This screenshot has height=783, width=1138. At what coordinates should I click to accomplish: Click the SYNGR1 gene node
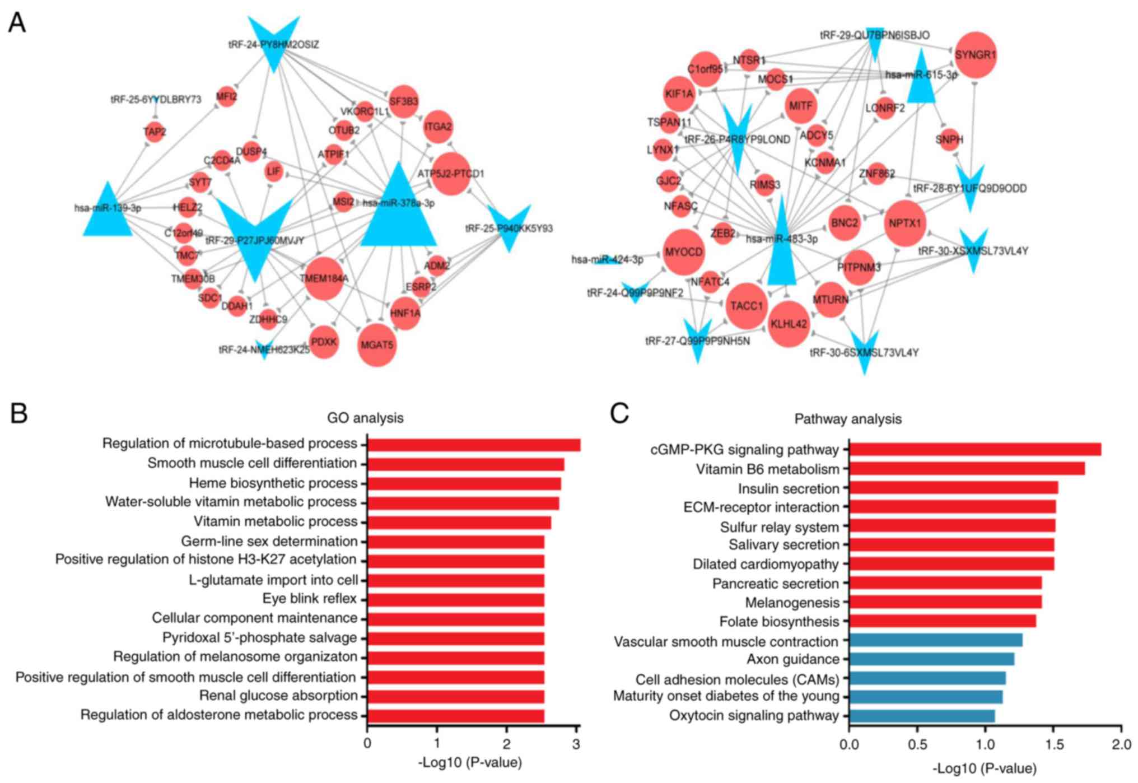(x=975, y=55)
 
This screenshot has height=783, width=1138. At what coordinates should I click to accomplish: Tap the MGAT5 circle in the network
(x=377, y=345)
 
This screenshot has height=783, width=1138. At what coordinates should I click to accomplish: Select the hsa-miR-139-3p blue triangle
(x=107, y=210)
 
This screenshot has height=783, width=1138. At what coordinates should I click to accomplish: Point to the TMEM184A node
(x=324, y=278)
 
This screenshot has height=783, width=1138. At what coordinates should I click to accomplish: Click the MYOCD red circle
(x=683, y=252)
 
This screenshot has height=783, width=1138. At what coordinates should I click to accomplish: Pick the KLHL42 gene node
(x=789, y=324)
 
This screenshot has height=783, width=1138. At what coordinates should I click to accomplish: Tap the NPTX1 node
(x=904, y=223)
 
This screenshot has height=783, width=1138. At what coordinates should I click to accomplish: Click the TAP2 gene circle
(x=155, y=132)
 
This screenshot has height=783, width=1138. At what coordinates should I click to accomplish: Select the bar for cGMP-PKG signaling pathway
(x=974, y=449)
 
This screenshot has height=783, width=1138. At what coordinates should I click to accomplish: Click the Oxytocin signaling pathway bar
(x=921, y=716)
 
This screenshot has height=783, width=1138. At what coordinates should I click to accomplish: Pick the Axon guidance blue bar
(x=931, y=659)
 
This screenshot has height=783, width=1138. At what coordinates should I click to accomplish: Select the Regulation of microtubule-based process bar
(x=473, y=445)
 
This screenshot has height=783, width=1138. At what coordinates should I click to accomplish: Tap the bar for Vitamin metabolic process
(x=459, y=523)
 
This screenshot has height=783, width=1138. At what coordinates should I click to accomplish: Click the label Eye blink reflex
(x=309, y=599)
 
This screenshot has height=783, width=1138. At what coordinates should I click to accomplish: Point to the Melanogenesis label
(x=792, y=603)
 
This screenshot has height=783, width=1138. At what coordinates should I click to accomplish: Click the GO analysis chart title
(x=365, y=418)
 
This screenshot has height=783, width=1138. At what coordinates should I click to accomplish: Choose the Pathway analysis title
(x=847, y=419)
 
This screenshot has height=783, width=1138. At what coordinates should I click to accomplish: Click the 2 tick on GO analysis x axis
(x=506, y=744)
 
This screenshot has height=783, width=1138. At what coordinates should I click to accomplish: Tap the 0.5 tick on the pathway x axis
(x=917, y=745)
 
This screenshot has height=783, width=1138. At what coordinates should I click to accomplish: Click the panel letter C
(x=619, y=413)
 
